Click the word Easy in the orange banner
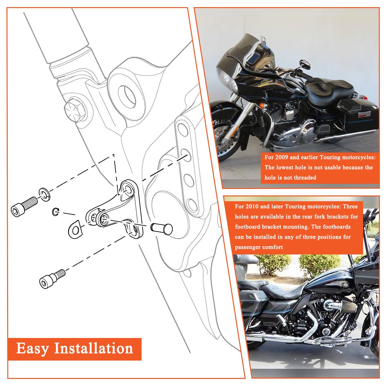(x=33, y=349)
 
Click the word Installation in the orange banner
(x=94, y=349)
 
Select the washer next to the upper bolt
(x=44, y=194)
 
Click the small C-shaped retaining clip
(x=55, y=212)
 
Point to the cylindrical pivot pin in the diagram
(x=161, y=228)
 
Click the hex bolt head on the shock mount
(x=75, y=110)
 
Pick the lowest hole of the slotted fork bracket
(x=193, y=205)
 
